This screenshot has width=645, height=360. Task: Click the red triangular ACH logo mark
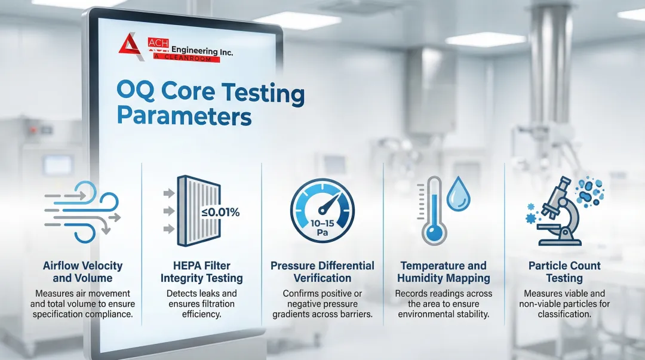pyautogui.click(x=131, y=47)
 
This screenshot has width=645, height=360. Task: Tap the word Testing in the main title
pyautogui.click(x=263, y=93)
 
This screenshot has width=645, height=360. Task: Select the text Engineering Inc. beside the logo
pyautogui.click(x=202, y=51)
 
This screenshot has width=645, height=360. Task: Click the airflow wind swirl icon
pyautogui.click(x=82, y=212)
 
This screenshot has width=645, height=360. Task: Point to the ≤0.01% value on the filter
pyautogui.click(x=220, y=213)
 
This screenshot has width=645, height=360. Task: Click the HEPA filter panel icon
pyautogui.click(x=199, y=211)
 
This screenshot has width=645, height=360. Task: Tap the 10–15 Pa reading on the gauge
pyautogui.click(x=322, y=228)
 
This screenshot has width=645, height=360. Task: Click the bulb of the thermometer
pyautogui.click(x=434, y=233)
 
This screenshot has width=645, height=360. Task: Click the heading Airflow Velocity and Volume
pyautogui.click(x=82, y=272)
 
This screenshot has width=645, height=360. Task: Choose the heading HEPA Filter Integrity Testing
pyautogui.click(x=202, y=272)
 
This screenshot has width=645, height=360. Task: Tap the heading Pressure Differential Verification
pyautogui.click(x=322, y=272)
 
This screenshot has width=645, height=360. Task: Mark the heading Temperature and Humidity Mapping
pyautogui.click(x=443, y=272)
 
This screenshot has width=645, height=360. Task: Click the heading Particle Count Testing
pyautogui.click(x=564, y=272)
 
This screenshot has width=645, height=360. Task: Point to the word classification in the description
pyautogui.click(x=564, y=315)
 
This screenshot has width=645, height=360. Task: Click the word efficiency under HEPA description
pyautogui.click(x=201, y=315)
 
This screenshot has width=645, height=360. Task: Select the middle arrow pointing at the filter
pyautogui.click(x=169, y=211)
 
